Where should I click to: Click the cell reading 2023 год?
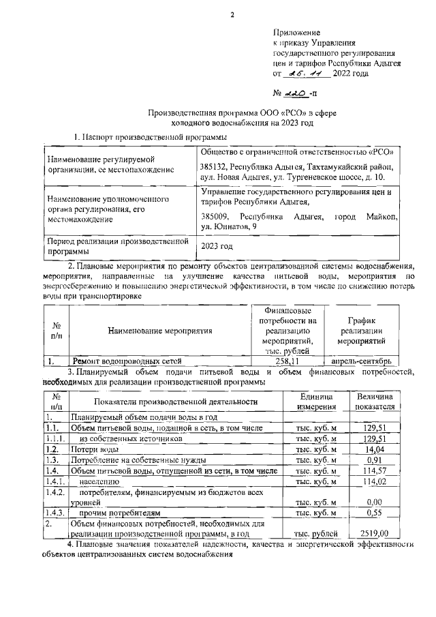coord(217,245)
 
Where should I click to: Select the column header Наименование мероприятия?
coord(160,331)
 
